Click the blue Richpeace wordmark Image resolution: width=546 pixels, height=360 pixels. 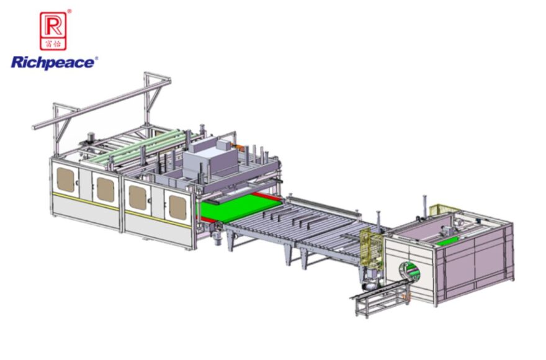(x=52, y=62)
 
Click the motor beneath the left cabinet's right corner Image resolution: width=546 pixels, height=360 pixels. (x=217, y=235)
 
